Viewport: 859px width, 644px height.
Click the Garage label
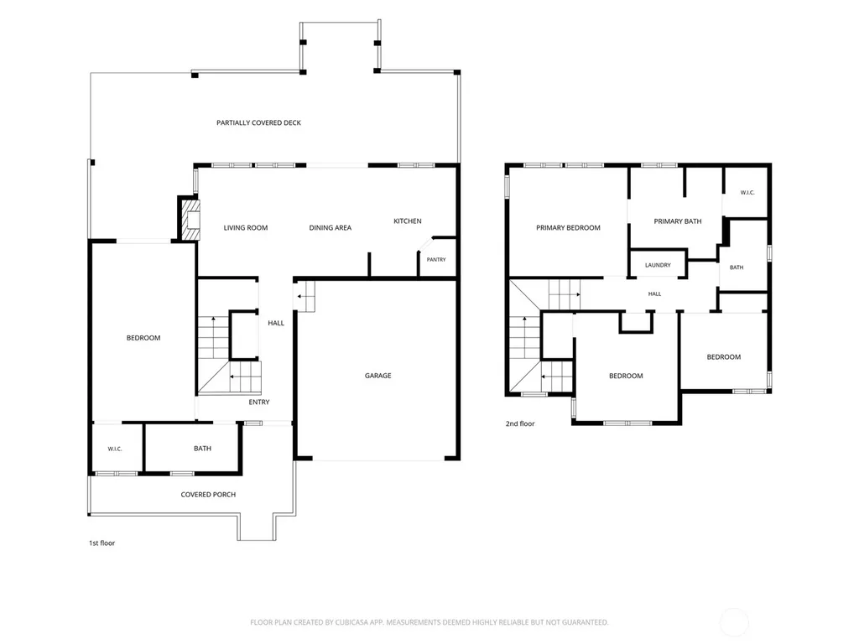click(x=378, y=376)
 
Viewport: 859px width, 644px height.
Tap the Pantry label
click(x=436, y=260)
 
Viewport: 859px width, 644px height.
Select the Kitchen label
click(x=408, y=221)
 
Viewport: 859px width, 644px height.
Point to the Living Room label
click(x=246, y=228)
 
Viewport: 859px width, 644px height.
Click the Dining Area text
click(x=331, y=228)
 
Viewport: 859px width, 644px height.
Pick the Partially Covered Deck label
click(x=258, y=122)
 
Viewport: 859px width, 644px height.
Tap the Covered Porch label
click(x=208, y=495)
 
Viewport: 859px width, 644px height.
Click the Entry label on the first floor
click(x=259, y=402)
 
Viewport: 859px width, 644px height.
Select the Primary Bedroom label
click(x=568, y=228)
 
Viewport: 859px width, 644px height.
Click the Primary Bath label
click(x=678, y=221)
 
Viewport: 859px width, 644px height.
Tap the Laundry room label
click(x=658, y=265)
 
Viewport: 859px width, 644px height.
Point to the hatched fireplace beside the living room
click(x=190, y=219)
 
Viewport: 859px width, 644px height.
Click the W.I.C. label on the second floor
click(x=747, y=193)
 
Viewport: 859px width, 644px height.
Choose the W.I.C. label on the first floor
click(x=114, y=449)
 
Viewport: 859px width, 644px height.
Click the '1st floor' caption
click(x=102, y=543)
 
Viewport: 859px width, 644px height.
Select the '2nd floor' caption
click(x=520, y=423)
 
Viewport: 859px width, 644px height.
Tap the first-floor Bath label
click(x=202, y=449)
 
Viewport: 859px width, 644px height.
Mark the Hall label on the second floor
click(x=654, y=294)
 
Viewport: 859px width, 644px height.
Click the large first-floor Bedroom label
click(x=143, y=338)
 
